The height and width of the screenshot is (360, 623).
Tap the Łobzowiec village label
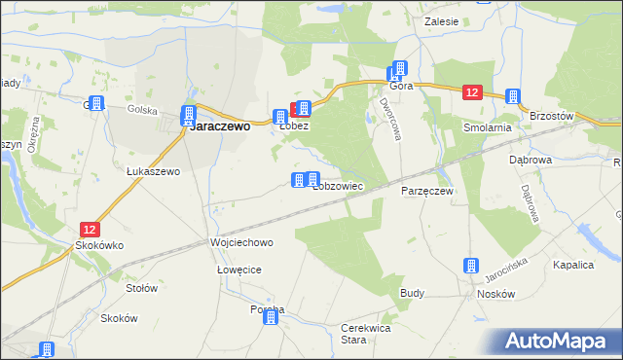(338, 185)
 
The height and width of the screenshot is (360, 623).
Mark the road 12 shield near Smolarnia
(472, 92)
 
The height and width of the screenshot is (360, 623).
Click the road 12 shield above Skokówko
(90, 230)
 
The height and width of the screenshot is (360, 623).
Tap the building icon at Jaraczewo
(189, 114)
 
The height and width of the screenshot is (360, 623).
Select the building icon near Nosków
(472, 266)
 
